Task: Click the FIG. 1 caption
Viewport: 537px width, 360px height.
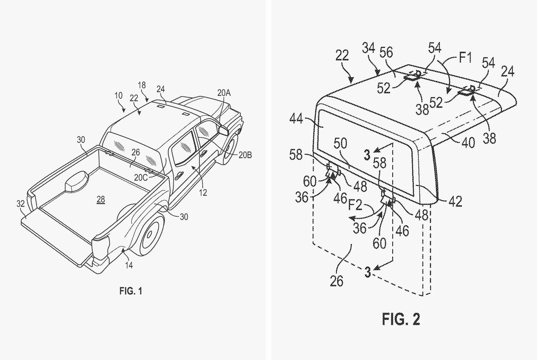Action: tap(131, 291)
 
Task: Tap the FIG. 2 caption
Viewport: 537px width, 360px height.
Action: tap(401, 319)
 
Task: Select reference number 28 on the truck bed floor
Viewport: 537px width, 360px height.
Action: tap(101, 199)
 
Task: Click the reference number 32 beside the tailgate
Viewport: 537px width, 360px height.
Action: tap(20, 204)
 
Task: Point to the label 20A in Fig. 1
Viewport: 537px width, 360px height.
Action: tap(224, 93)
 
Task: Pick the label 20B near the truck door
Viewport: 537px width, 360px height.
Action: tap(245, 155)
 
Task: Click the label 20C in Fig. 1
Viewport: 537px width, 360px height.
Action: tap(141, 178)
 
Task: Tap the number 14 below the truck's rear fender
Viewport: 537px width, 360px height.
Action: tap(129, 265)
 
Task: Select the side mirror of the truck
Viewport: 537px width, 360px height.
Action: tap(224, 130)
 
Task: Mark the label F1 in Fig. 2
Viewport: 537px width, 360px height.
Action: tap(465, 58)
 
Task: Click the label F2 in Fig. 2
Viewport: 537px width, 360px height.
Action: tap(355, 205)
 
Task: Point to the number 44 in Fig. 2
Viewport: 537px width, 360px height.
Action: tap(296, 119)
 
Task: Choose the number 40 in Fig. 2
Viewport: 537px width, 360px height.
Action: tap(468, 142)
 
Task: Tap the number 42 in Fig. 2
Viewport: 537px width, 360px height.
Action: tap(455, 201)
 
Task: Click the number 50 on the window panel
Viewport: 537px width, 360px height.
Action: tap(340, 143)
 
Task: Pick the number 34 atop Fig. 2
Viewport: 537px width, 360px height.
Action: tap(369, 48)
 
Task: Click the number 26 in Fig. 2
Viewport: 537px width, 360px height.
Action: tap(336, 281)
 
